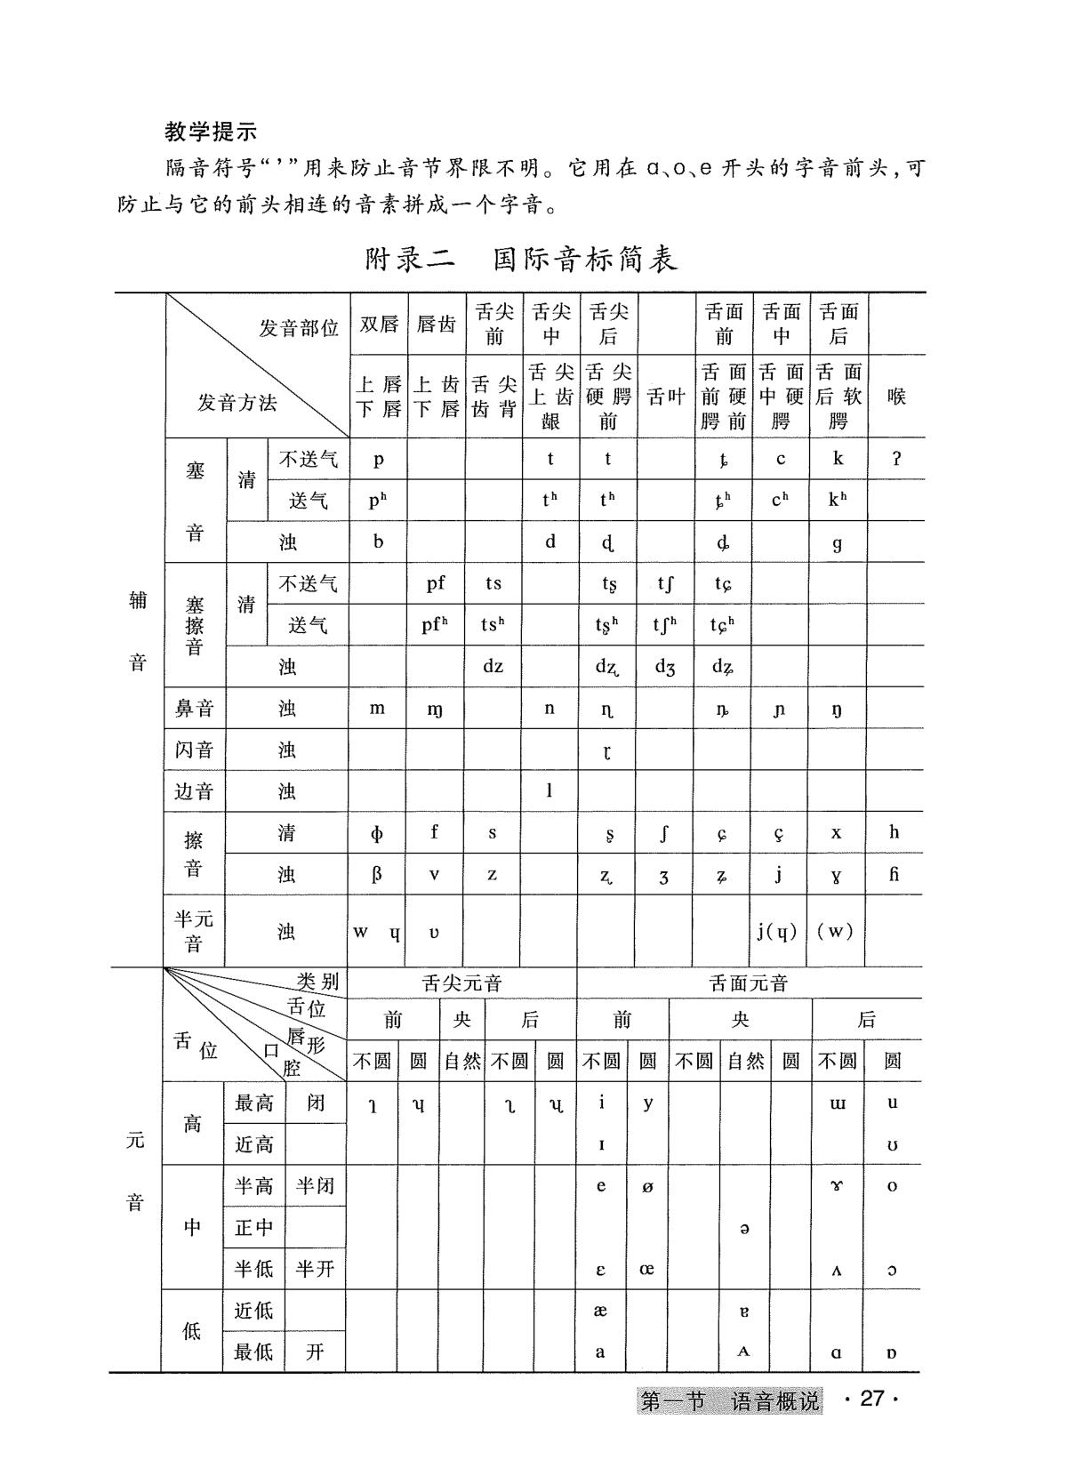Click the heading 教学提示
211,132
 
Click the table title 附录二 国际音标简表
522,259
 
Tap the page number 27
872,1399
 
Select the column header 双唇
379,325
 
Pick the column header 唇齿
436,325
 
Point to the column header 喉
896,397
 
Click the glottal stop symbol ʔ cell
896,459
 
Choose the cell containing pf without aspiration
436,583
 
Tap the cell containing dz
493,666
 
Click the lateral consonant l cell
550,790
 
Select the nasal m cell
377,708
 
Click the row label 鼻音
194,709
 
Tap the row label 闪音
194,750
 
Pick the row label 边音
194,790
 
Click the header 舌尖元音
461,983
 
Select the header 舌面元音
749,983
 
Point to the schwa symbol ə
744,1228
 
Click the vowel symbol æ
600,1311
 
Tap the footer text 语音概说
774,1401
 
